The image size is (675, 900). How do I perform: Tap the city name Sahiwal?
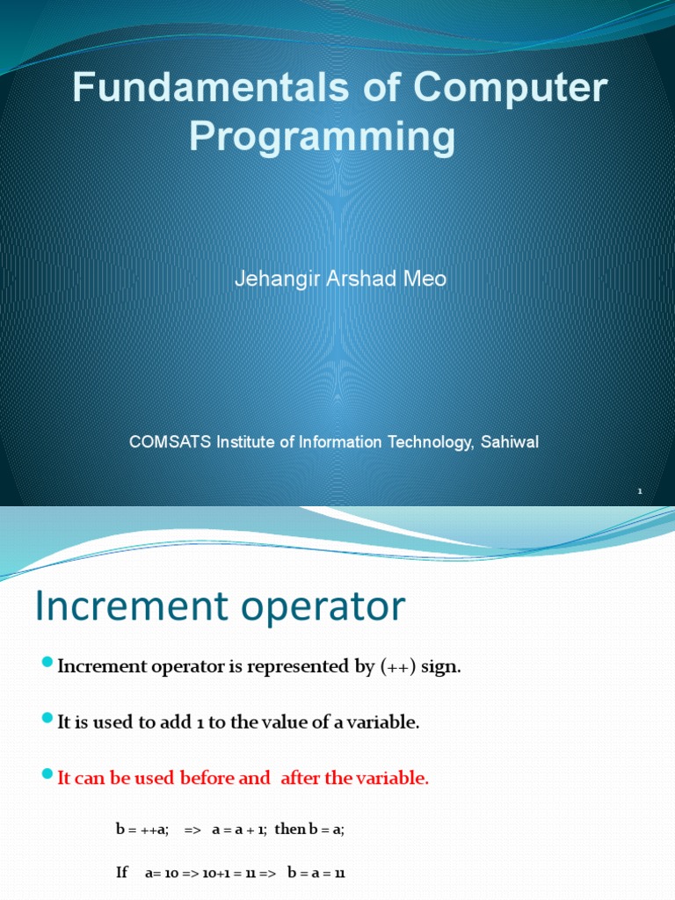pyautogui.click(x=509, y=442)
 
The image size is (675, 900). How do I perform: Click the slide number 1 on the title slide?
pyautogui.click(x=640, y=492)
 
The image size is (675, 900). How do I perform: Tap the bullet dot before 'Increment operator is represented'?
pyautogui.click(x=47, y=664)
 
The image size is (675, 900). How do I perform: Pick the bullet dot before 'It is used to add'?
pyautogui.click(x=47, y=720)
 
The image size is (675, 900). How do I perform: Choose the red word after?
pyautogui.click(x=301, y=778)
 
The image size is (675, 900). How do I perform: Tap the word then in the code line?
pyautogui.click(x=290, y=829)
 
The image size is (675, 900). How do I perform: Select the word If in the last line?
pyautogui.click(x=122, y=873)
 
